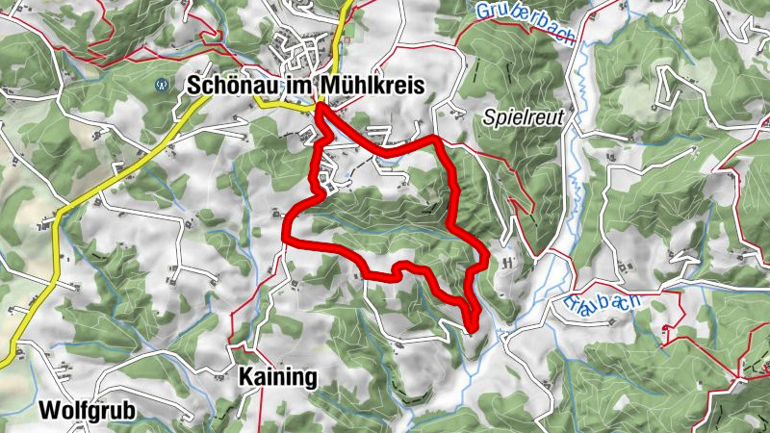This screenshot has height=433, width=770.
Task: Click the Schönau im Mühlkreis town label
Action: tap(305, 86)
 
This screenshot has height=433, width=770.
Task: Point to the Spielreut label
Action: tap(523, 117)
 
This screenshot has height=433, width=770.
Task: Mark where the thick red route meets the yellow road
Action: tap(318, 108)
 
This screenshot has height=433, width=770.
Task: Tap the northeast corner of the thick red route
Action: tap(438, 141)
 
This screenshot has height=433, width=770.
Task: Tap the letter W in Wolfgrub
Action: tap(47, 411)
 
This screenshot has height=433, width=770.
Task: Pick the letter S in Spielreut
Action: tap(488, 117)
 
